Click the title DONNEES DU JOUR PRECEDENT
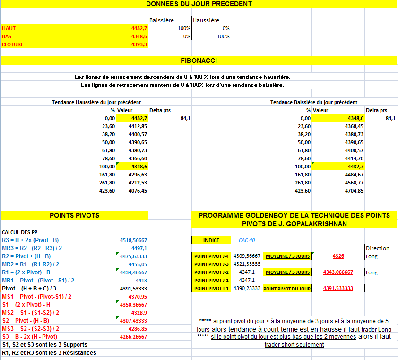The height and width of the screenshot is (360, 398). [199, 4]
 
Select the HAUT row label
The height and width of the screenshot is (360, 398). [9, 28]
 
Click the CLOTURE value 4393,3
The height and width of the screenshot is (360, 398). [139, 44]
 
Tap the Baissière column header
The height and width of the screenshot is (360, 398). [162, 20]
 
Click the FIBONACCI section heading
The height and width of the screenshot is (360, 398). [199, 61]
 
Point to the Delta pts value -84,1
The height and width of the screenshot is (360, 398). [184, 118]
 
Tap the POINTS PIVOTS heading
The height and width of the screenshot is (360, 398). [74, 215]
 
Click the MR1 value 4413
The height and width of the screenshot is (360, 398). [141, 281]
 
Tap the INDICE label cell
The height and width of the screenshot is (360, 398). [211, 240]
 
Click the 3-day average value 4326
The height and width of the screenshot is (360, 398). [338, 256]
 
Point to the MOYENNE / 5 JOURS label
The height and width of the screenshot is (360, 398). [287, 272]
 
